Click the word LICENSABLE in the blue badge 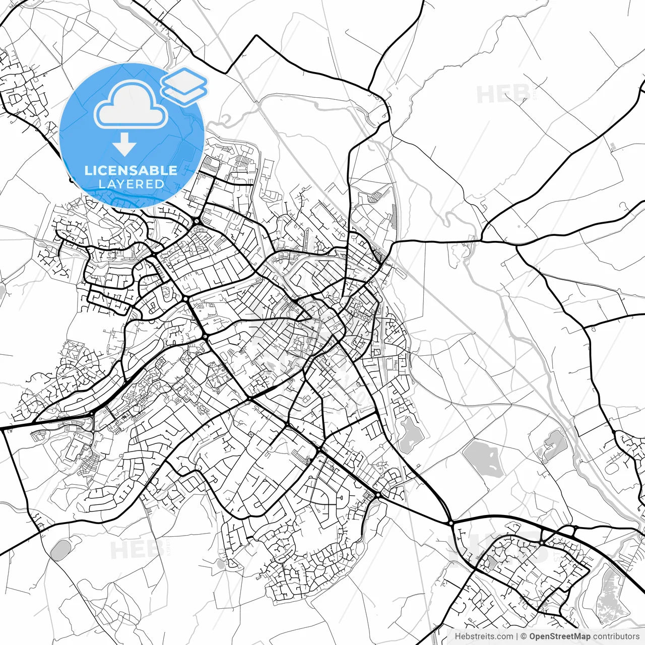pyautogui.click(x=131, y=170)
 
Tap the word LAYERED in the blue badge pyautogui.click(x=131, y=184)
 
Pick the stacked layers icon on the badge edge pyautogui.click(x=184, y=86)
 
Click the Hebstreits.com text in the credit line pyautogui.click(x=484, y=636)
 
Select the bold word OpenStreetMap pyautogui.click(x=559, y=636)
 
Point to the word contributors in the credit pyautogui.click(x=616, y=636)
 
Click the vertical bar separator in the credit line pyautogui.click(x=517, y=636)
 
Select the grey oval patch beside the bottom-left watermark pyautogui.click(x=60, y=550)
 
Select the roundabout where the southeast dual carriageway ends pyautogui.click(x=450, y=523)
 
